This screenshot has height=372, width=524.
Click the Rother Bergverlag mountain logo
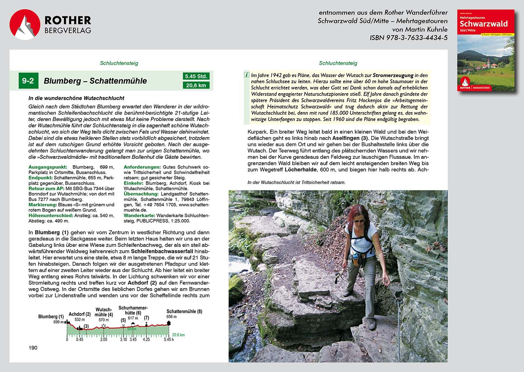point(25,25)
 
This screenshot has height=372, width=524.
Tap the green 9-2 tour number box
point(28,81)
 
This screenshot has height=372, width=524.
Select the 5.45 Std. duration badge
point(196,76)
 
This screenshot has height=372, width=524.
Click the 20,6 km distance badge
point(196,85)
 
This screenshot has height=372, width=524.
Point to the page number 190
point(33,348)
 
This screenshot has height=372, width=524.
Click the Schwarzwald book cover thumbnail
point(485,50)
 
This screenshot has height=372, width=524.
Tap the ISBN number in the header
point(408,37)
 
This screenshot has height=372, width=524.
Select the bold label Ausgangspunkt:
point(48,167)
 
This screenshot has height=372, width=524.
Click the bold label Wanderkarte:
point(139,215)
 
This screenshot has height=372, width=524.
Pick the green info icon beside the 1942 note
point(247,75)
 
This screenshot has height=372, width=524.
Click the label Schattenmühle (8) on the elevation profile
point(184,311)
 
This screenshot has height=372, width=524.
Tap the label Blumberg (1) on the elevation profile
point(51,317)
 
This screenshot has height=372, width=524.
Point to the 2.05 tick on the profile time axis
point(104,339)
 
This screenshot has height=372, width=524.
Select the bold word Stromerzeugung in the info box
point(393,75)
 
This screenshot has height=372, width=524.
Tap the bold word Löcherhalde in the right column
point(301,170)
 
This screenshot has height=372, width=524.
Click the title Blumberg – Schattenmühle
point(95,81)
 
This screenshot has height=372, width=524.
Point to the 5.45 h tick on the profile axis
point(169,339)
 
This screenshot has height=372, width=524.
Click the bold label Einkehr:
point(134,183)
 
